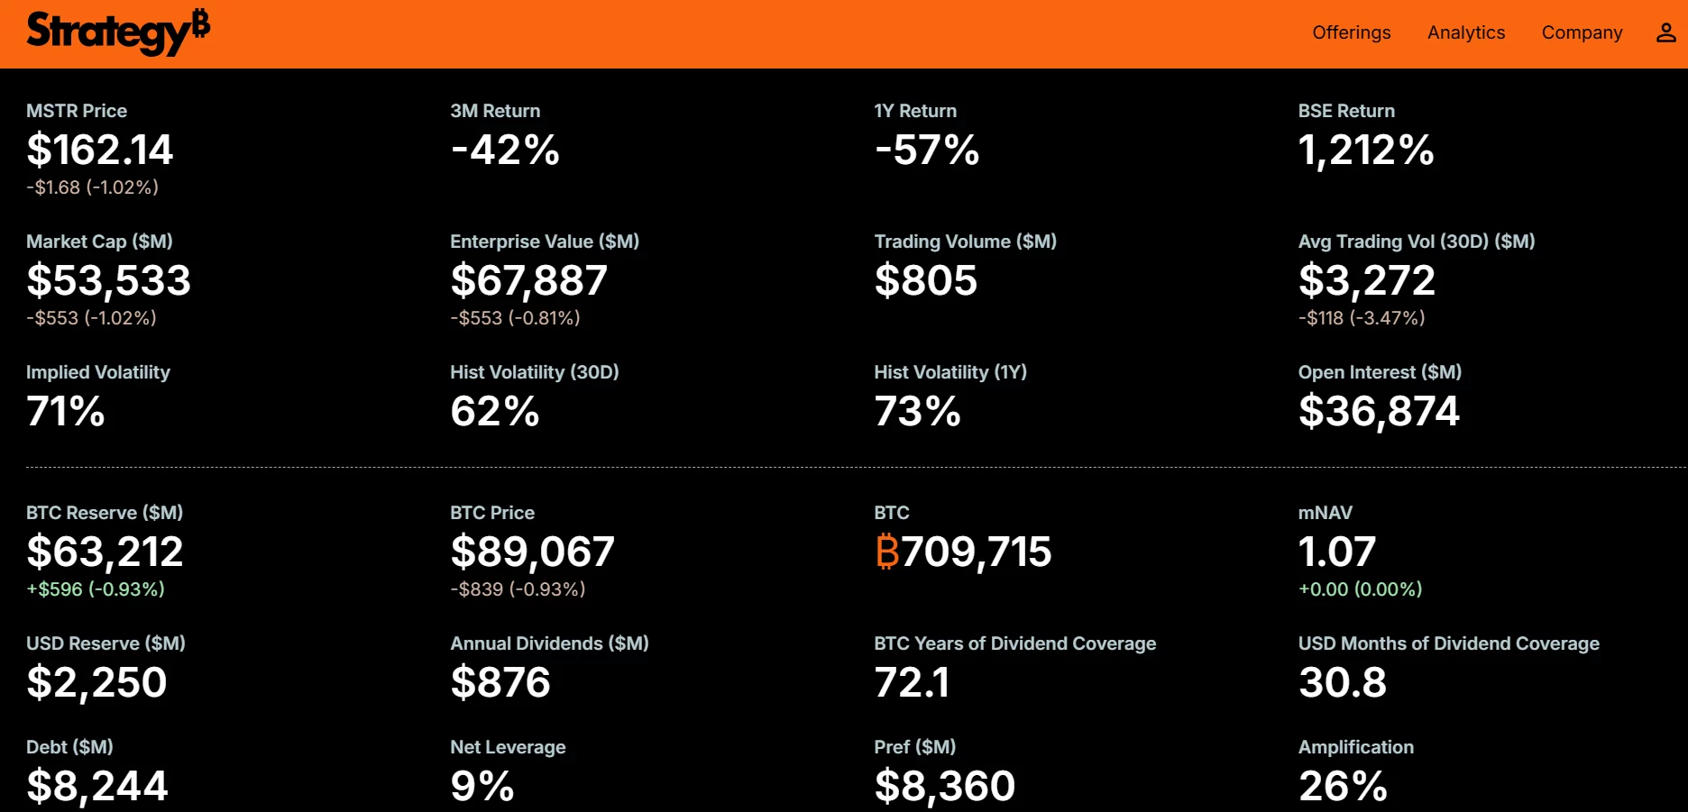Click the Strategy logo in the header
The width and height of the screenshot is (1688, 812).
[118, 32]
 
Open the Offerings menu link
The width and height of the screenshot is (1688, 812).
[1351, 32]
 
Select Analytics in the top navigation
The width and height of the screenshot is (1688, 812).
[1466, 32]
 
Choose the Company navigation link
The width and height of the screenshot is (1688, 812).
[1582, 32]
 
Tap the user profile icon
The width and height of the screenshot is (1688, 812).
[1665, 32]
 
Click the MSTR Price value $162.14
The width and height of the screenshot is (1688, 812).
[99, 150]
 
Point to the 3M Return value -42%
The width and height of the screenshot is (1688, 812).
[505, 150]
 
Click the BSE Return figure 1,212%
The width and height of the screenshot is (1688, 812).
[1365, 150]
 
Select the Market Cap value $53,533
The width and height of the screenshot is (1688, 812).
[108, 280]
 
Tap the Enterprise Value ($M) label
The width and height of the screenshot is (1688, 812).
[545, 242]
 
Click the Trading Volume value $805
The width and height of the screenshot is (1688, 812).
[925, 280]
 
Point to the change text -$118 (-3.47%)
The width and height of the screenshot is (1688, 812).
[1362, 318]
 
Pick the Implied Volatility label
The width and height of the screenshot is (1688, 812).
[98, 372]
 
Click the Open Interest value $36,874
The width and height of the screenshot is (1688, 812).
[1379, 411]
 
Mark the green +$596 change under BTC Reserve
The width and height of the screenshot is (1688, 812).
[96, 589]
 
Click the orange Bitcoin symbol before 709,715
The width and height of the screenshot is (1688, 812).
[887, 552]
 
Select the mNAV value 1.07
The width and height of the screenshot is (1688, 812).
[1336, 552]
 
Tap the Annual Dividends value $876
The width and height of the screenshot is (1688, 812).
[500, 682]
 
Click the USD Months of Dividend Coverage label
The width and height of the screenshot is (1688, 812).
[1448, 643]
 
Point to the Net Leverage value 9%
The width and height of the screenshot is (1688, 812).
[482, 786]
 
